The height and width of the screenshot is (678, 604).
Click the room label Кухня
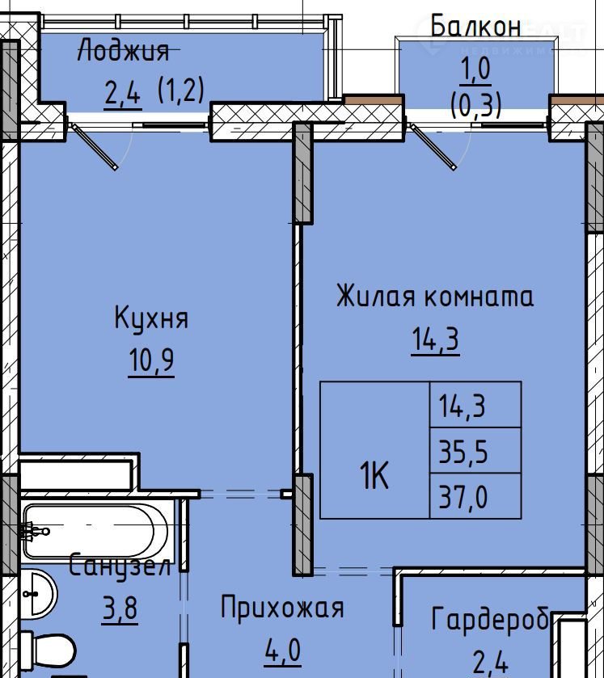click(151, 319)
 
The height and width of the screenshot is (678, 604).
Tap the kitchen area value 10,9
click(151, 360)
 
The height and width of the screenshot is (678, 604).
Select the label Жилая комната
click(435, 297)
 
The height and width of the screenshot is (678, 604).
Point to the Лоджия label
click(123, 50)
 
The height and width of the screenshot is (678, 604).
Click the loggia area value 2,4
click(123, 92)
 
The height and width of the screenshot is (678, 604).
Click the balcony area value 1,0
click(475, 69)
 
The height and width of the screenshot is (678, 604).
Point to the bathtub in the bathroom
click(95, 531)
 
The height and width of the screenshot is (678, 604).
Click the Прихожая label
click(282, 608)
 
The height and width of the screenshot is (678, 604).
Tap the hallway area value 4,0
click(283, 650)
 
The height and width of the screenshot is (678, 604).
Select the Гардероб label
click(490, 619)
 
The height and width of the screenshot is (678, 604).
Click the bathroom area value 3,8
click(120, 607)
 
